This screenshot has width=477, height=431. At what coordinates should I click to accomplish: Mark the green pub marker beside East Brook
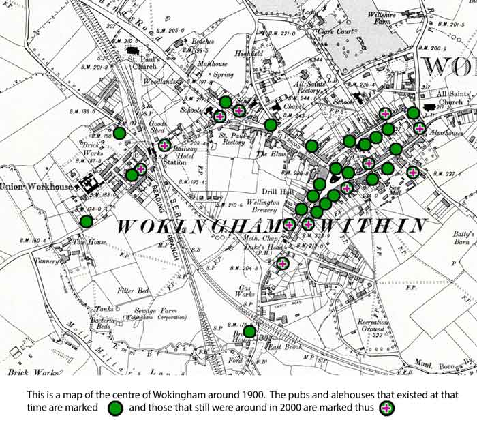tap(249, 331)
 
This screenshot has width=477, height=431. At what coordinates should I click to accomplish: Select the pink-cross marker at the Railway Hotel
tap(165, 145)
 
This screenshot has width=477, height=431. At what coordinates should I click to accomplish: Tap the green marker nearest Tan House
tap(86, 221)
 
